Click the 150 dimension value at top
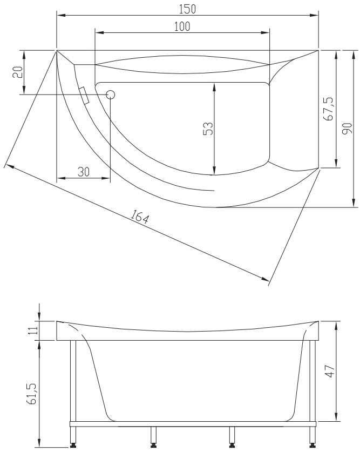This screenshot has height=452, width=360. (187, 9)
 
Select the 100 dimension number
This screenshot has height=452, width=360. (182, 26)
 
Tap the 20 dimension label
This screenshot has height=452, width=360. (18, 72)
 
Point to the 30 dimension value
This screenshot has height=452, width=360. (84, 172)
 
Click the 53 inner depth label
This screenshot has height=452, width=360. (208, 129)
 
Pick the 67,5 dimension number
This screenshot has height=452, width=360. (328, 109)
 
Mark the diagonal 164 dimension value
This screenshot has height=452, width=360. (140, 217)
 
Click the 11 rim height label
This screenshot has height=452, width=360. (33, 330)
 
